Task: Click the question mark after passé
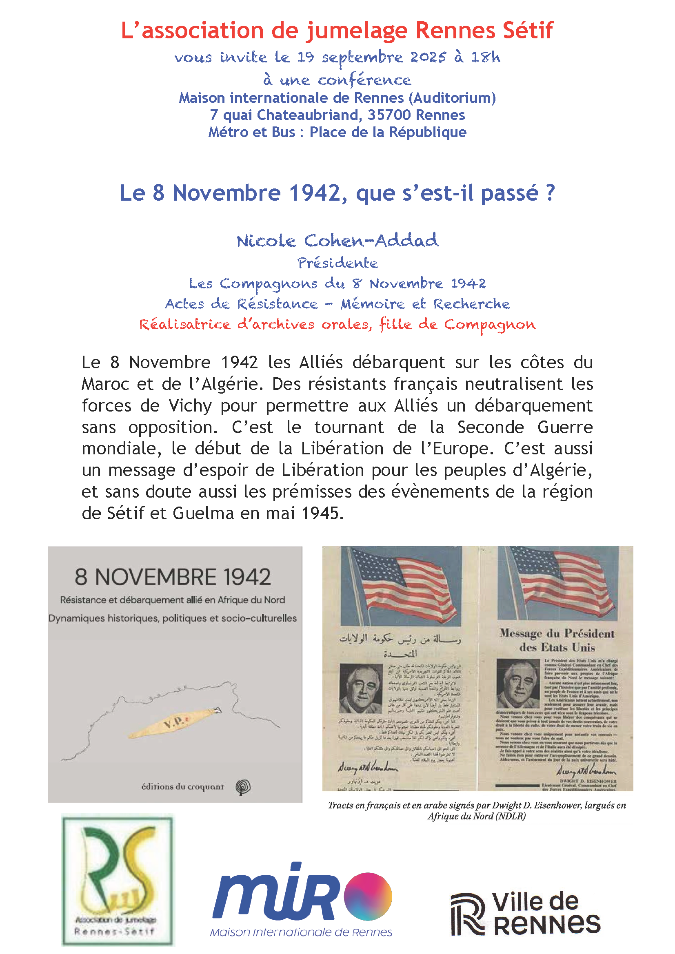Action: point(550,193)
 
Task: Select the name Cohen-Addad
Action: point(371,241)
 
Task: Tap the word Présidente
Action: point(337,263)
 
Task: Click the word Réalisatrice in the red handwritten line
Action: point(184,324)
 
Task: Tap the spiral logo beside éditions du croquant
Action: point(243,786)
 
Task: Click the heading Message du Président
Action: point(557,634)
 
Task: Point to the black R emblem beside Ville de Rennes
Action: point(468,914)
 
